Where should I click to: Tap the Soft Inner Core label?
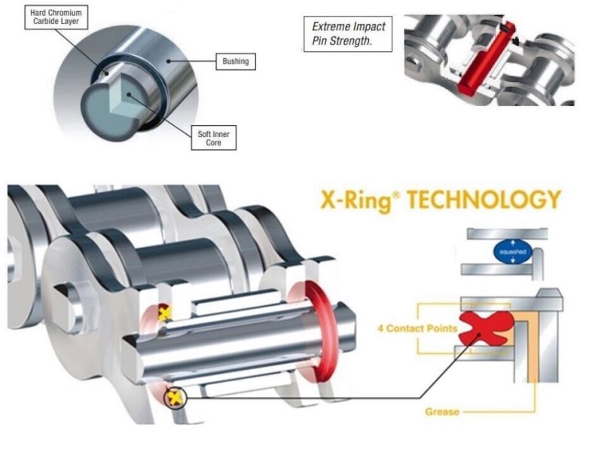point(213,139)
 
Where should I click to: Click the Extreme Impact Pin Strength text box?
point(348,32)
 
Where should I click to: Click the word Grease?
point(441,412)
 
